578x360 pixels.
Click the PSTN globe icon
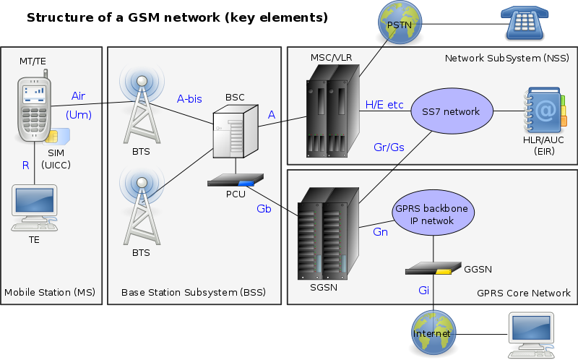tap(399, 23)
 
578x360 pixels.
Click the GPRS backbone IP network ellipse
tap(431, 215)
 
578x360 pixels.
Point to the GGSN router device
tap(433, 270)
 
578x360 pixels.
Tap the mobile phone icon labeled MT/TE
tap(34, 109)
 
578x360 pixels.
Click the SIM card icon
tap(56, 138)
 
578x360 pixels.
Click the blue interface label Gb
tap(264, 208)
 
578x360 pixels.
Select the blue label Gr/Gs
tap(389, 147)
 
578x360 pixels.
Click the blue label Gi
tap(424, 290)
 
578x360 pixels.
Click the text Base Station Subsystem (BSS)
tap(193, 293)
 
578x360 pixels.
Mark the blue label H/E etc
tap(384, 105)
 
